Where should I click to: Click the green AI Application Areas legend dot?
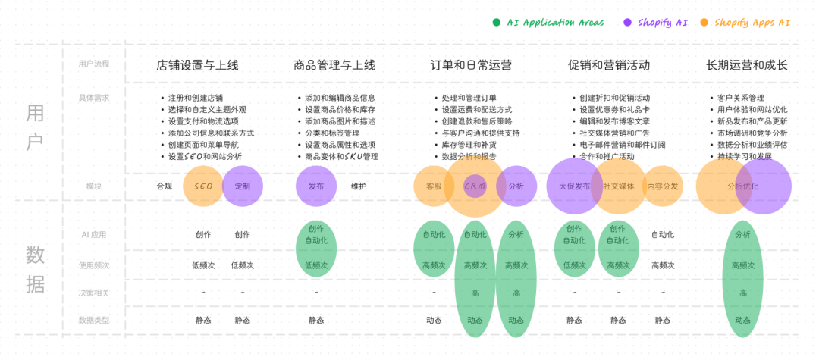(x=497, y=23)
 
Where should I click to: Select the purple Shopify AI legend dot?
(x=628, y=23)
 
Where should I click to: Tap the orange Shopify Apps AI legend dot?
(x=704, y=23)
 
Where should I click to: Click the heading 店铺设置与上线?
(x=197, y=65)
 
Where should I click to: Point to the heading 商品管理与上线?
(x=334, y=65)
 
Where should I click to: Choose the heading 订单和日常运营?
(x=472, y=65)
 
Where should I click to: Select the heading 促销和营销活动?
(x=609, y=65)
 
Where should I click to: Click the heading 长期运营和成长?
(x=747, y=65)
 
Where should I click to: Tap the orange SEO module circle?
(x=203, y=186)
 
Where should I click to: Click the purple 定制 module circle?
(x=243, y=186)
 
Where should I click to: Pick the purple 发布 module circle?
(x=316, y=186)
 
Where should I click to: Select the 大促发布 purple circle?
(x=574, y=186)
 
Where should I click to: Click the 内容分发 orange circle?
(x=663, y=186)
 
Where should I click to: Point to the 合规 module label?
(x=165, y=186)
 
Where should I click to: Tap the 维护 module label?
(x=359, y=186)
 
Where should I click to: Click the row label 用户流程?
(x=94, y=64)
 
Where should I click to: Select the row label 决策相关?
(x=94, y=293)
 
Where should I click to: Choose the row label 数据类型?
(x=94, y=320)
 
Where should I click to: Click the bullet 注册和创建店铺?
(x=196, y=98)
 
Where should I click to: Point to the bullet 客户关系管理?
(x=741, y=98)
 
